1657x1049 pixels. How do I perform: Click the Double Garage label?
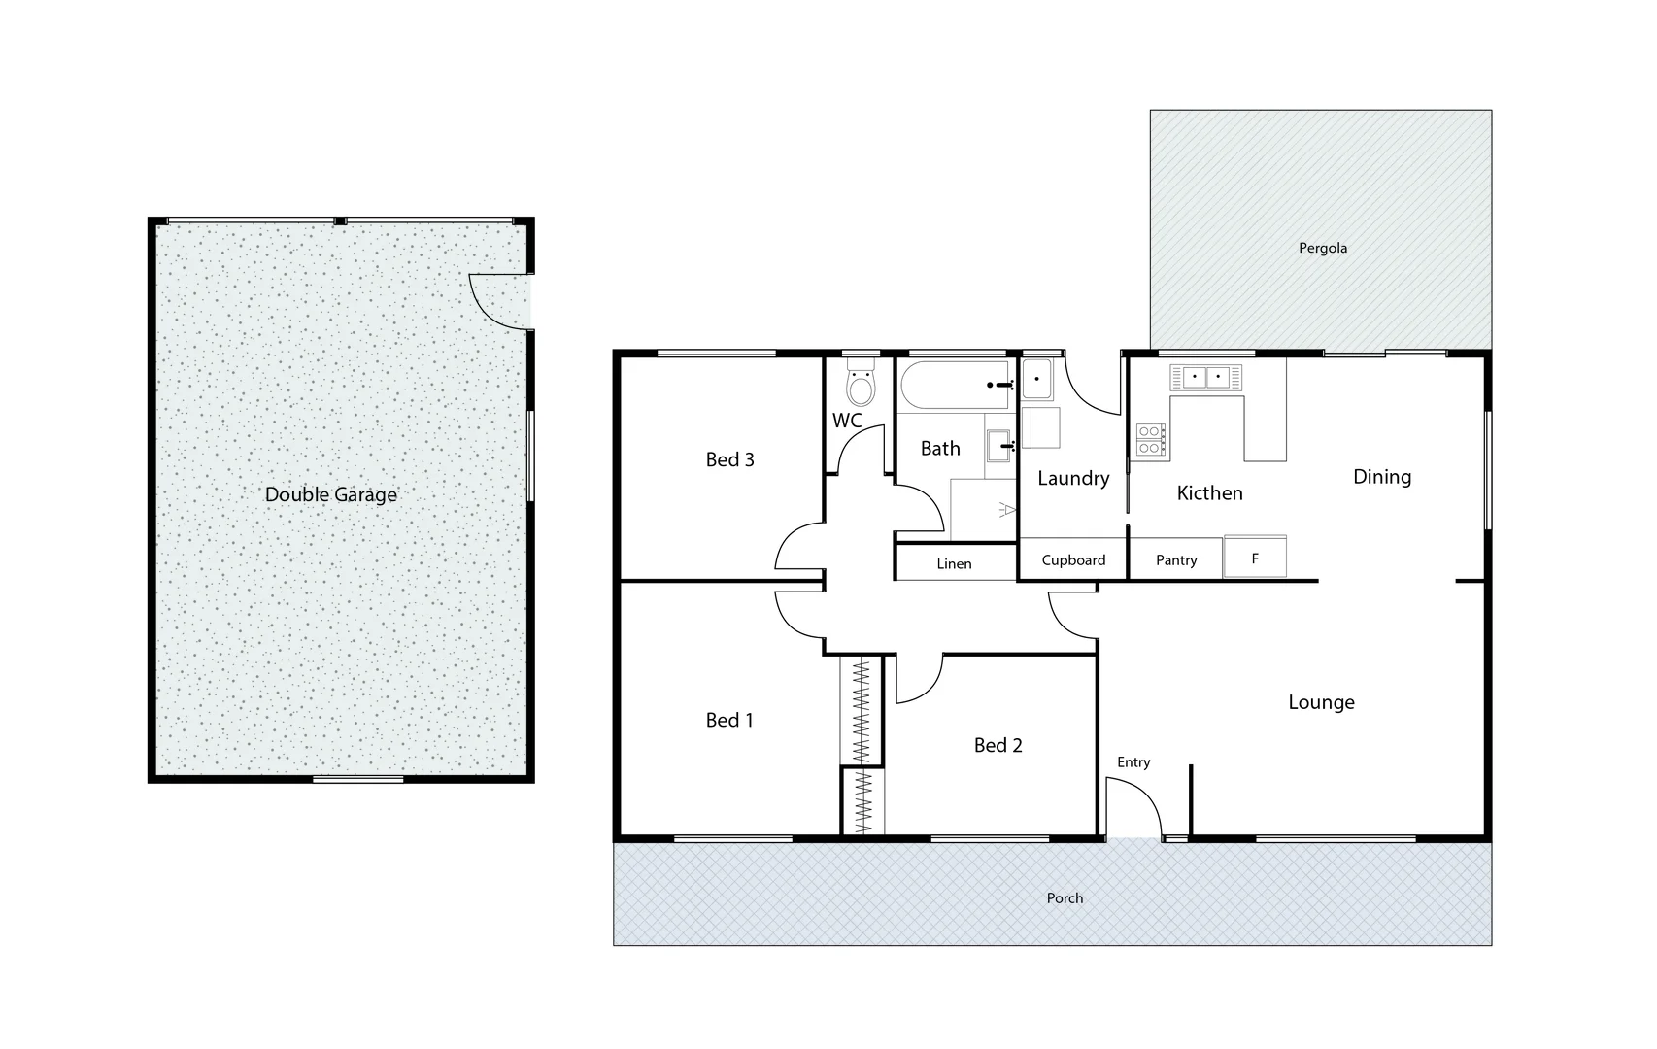pos(330,494)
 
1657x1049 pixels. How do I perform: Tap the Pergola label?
pos(1322,248)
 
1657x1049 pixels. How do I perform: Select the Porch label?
pos(1064,897)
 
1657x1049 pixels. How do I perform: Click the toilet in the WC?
pos(860,386)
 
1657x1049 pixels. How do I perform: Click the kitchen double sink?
pos(1205,377)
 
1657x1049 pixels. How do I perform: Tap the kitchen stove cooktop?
pos(1150,440)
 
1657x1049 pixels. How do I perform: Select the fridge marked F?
pos(1255,558)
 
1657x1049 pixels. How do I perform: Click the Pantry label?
pos(1175,560)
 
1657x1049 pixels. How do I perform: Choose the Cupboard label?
pos(1073,560)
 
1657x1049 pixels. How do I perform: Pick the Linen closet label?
pos(954,563)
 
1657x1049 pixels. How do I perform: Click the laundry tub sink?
pos(1036,379)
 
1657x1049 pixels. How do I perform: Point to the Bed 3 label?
pos(729,459)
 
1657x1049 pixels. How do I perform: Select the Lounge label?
pos(1321,702)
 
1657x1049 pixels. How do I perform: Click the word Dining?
pos(1381,477)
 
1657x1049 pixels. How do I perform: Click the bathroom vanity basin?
pos(999,446)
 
